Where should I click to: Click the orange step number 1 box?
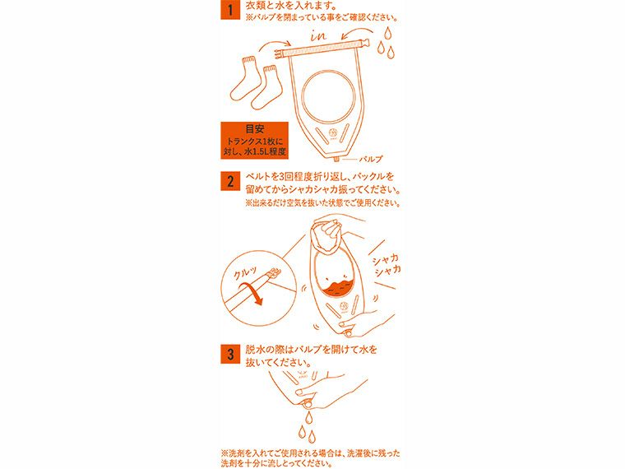231,12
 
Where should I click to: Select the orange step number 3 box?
231,355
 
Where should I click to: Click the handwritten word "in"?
320,37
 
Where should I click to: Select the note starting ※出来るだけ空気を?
322,203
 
